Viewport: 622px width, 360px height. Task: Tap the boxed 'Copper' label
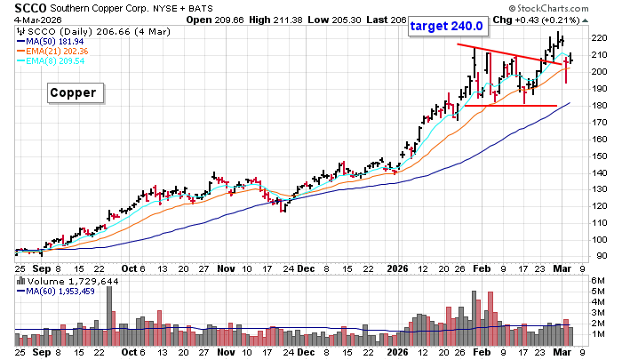[76, 92]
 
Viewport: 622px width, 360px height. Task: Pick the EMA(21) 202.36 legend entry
[60, 52]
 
